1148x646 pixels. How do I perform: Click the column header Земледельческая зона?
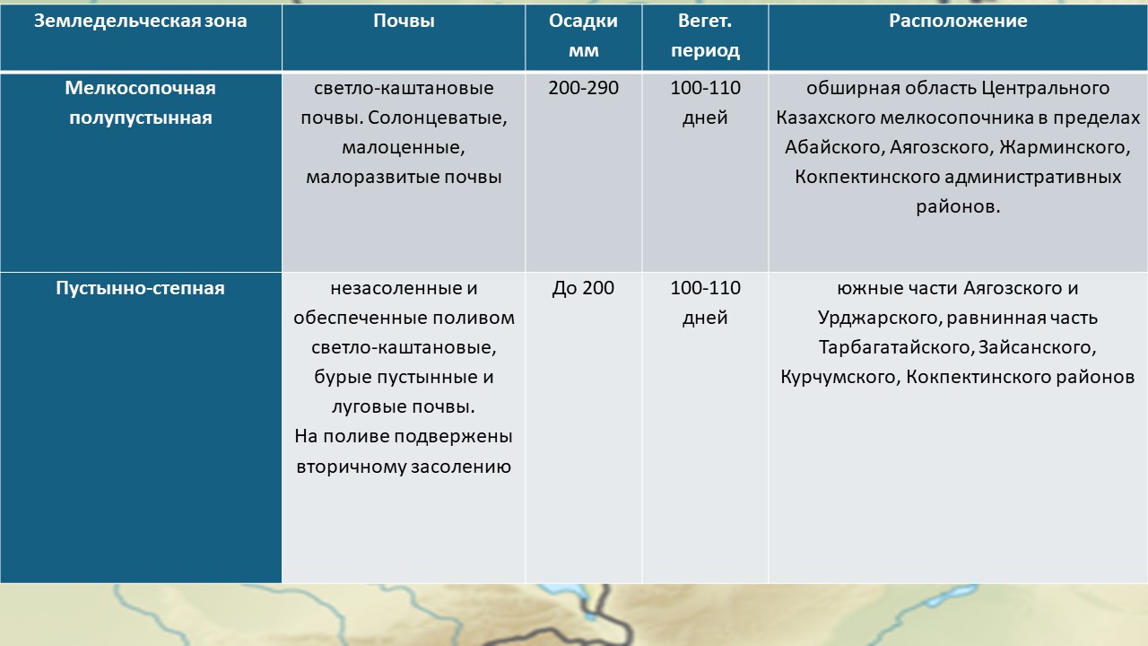141,21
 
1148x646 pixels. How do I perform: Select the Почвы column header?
404,21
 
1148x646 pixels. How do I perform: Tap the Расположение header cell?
958,21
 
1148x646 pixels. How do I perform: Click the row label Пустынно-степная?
141,288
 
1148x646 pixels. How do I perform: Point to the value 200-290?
583,88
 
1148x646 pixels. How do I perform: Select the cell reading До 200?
583,288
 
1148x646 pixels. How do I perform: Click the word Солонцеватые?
437,118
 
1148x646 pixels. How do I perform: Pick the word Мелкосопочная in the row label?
141,88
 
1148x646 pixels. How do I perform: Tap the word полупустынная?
141,118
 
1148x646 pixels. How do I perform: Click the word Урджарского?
880,318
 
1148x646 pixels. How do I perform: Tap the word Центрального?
1046,88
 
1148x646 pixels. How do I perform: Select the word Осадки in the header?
583,21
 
